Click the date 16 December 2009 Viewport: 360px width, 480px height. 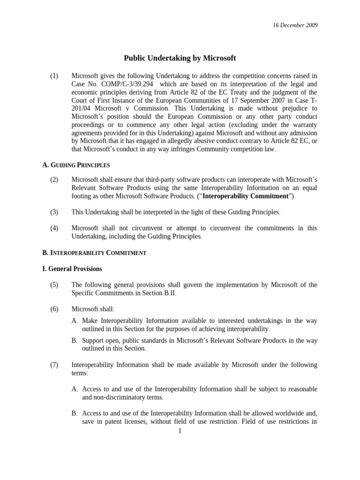(x=295, y=25)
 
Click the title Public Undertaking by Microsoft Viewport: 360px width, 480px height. (x=180, y=58)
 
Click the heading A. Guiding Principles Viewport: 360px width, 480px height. (x=76, y=165)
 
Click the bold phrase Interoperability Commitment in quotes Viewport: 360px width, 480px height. (x=247, y=196)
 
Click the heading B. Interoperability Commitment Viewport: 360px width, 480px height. (x=94, y=253)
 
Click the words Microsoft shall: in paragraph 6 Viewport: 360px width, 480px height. (x=90, y=309)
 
